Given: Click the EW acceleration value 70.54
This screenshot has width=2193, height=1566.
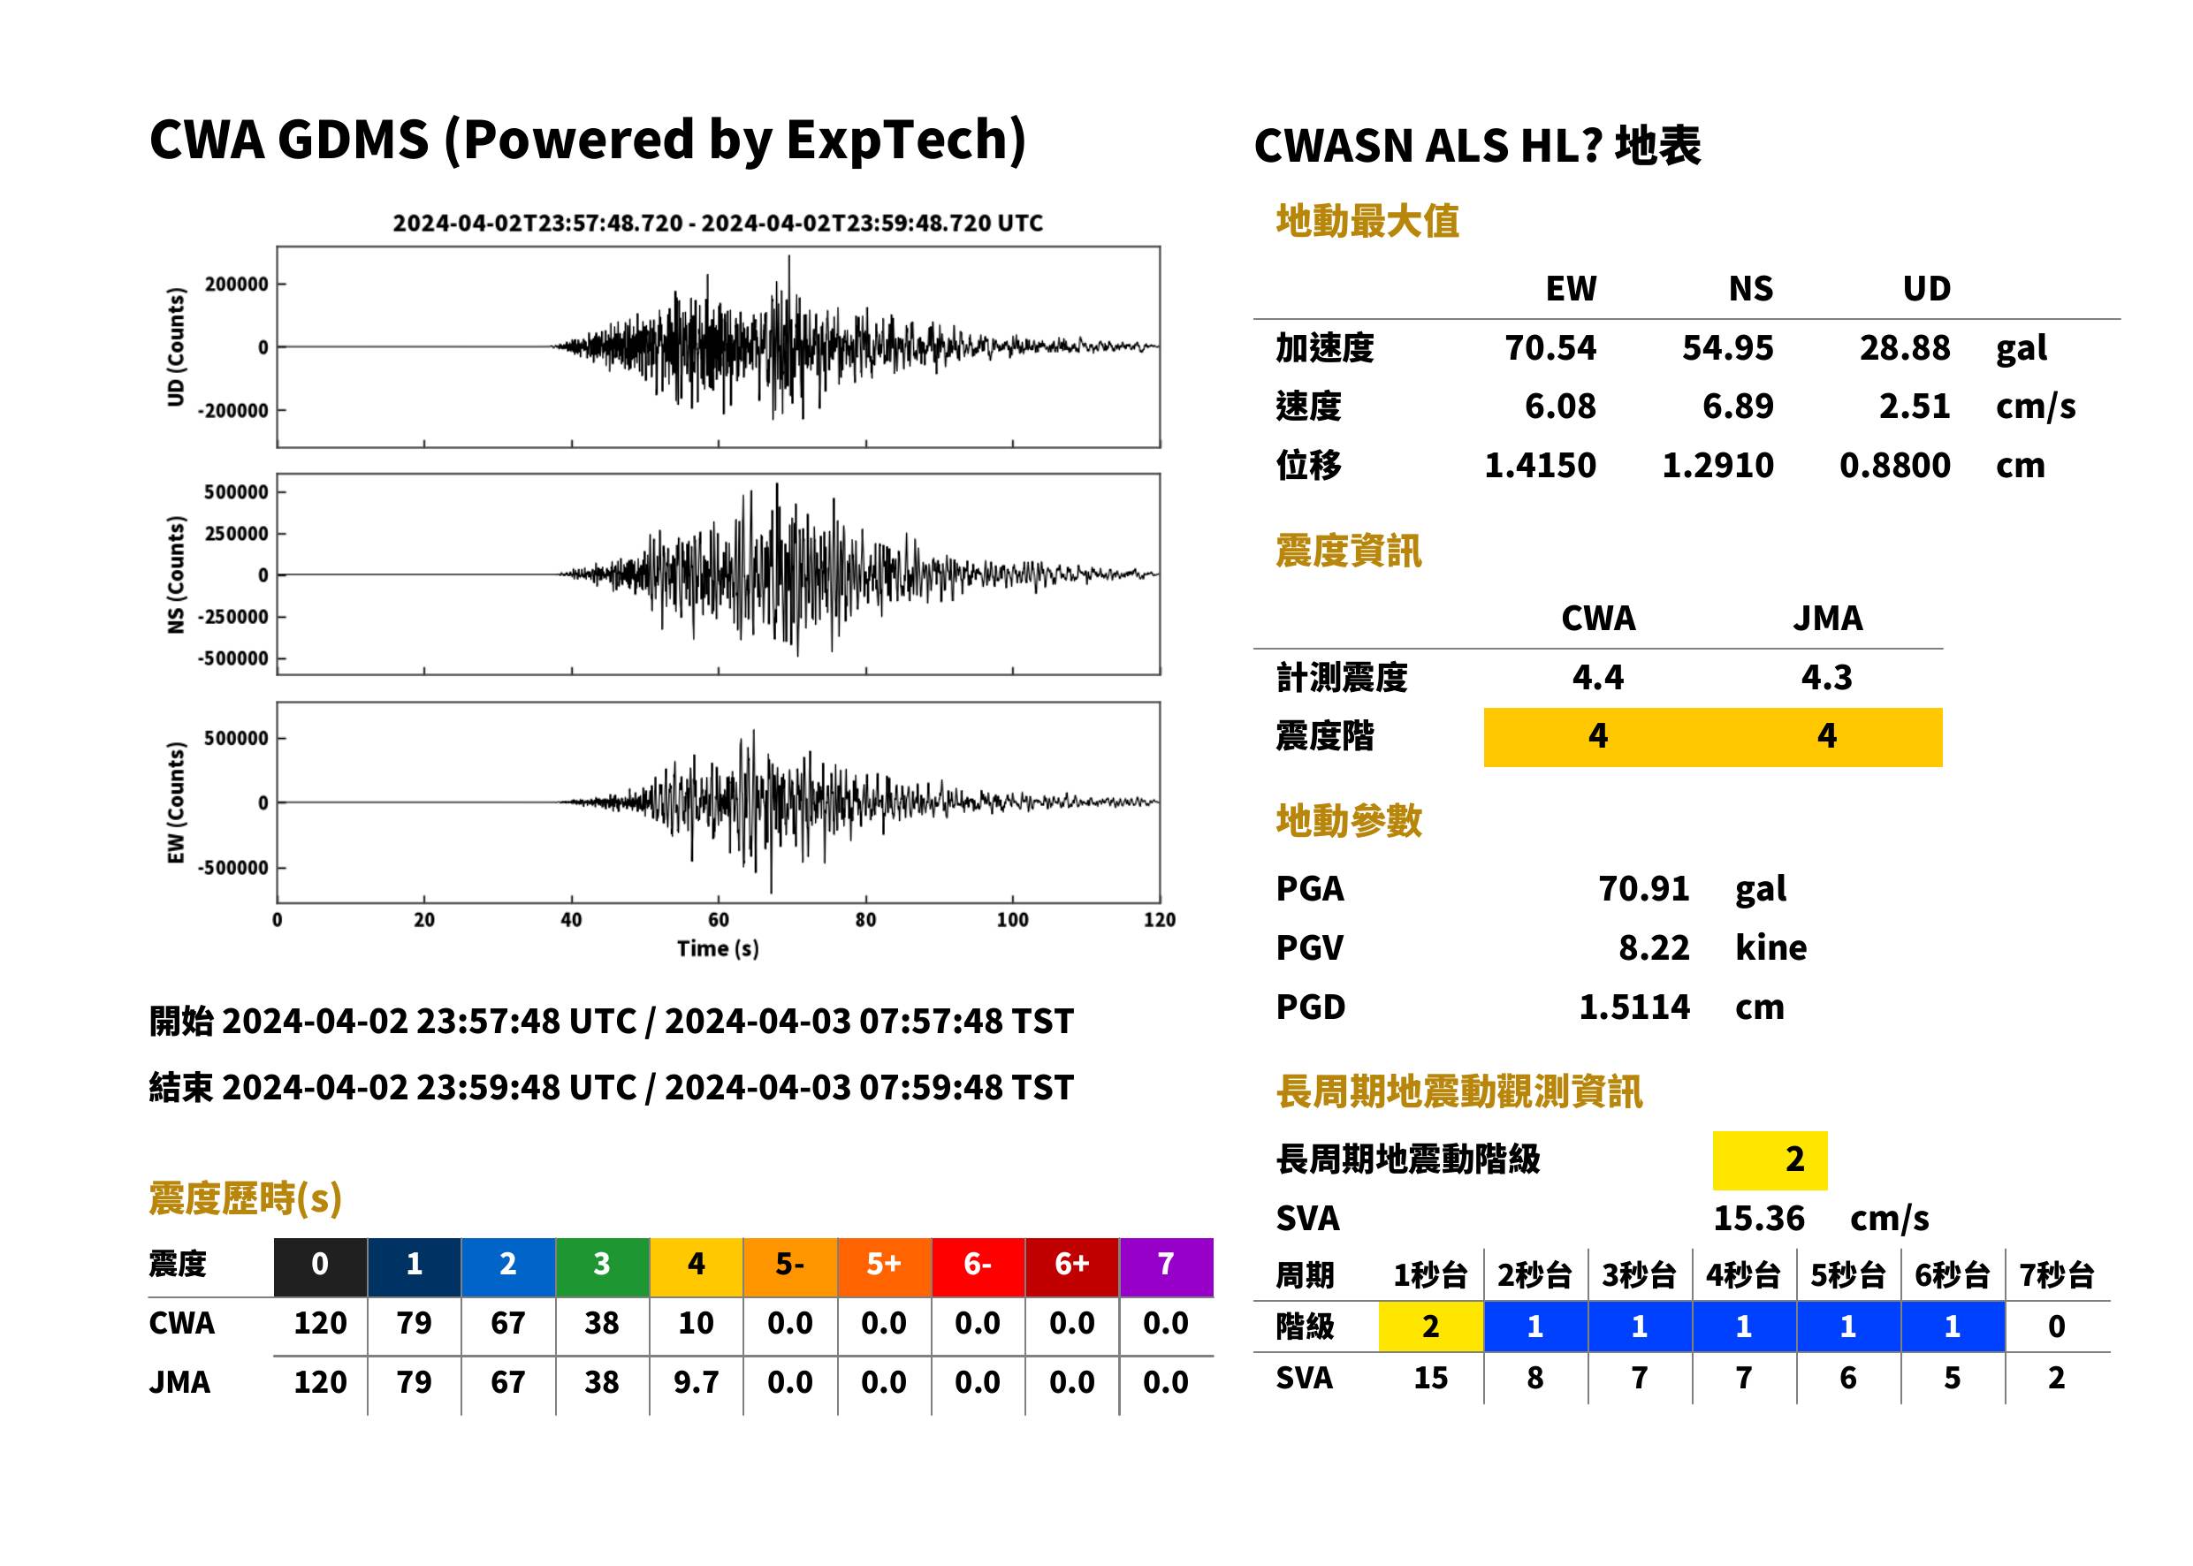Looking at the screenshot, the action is point(1550,347).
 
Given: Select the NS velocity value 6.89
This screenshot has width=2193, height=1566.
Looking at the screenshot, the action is point(1737,406).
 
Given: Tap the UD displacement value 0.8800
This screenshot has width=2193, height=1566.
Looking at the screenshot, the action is point(1894,465).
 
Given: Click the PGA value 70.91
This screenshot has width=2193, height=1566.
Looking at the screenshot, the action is point(1643,888).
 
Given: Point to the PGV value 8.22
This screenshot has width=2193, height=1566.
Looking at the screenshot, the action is point(1654,946).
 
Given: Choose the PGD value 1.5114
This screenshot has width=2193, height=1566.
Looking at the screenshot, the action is point(1633,1007).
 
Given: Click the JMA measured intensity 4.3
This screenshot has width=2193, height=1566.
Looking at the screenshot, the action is point(1826,677).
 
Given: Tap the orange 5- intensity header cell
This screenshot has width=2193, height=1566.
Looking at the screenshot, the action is point(790,1264).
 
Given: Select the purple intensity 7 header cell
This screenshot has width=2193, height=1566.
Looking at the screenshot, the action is point(1166,1264).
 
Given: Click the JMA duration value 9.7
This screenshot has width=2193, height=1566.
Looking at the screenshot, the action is point(696,1382).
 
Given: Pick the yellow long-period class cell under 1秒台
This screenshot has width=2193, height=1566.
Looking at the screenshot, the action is point(1430,1326).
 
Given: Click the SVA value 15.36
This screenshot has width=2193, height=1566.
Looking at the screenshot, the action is point(1758,1218).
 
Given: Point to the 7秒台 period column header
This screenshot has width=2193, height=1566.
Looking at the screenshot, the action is point(2056,1274).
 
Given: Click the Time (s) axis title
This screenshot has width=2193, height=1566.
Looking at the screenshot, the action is point(718,949).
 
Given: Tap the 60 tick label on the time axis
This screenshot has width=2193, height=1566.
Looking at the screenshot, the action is point(719,920).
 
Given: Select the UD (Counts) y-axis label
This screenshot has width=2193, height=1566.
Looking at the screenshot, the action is point(176,347).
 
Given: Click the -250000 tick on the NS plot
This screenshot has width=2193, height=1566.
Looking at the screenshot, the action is point(232,617).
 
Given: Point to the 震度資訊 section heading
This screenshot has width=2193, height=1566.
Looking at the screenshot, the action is point(1348,551).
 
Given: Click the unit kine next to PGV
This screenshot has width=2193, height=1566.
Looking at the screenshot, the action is point(1770,946).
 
